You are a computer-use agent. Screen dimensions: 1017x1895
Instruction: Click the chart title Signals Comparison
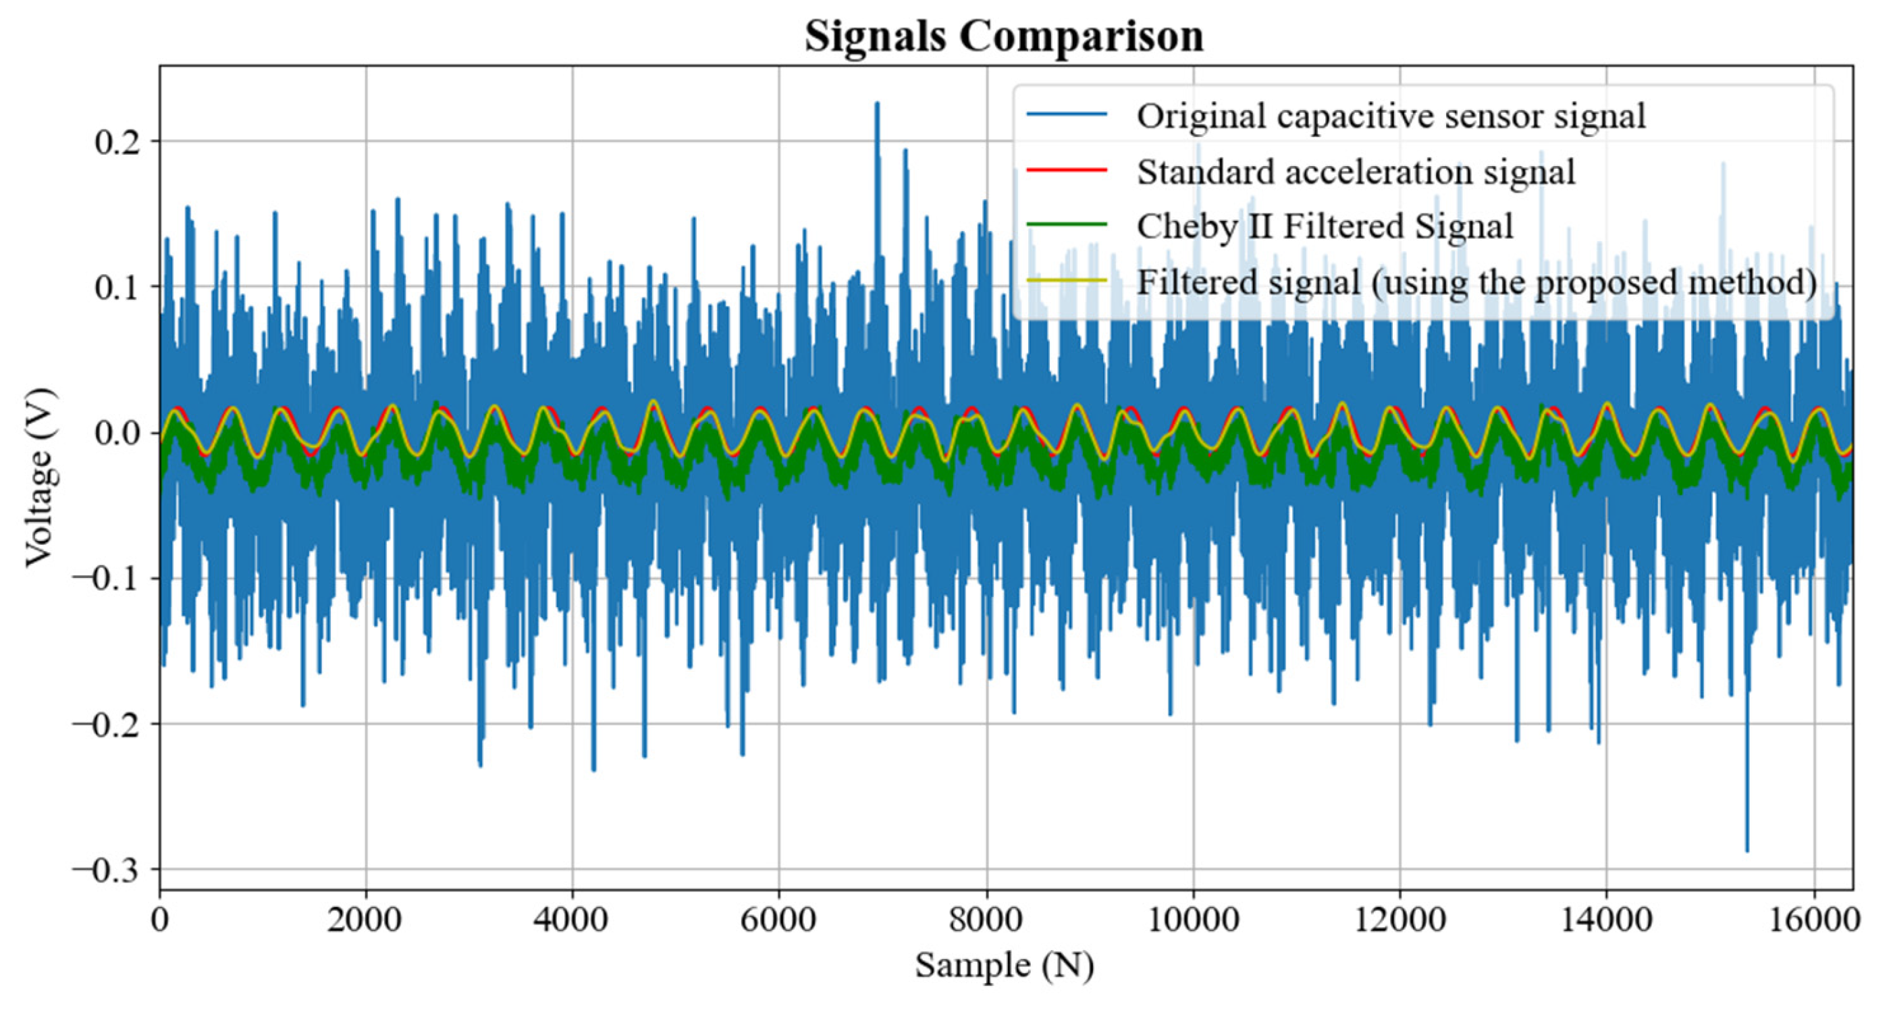tap(1003, 35)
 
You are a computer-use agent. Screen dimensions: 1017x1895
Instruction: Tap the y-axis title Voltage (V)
tap(40, 477)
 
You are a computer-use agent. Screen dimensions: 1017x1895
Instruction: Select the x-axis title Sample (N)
tap(1004, 965)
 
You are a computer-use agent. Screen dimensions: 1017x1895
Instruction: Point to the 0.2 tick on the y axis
tap(117, 141)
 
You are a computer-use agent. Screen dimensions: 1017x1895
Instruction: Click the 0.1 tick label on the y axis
tap(117, 287)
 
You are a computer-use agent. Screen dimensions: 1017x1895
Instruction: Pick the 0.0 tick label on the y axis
tap(117, 433)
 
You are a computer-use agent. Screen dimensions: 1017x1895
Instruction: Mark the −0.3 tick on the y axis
tap(106, 870)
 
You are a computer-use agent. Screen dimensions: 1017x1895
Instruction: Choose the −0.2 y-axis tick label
tap(106, 724)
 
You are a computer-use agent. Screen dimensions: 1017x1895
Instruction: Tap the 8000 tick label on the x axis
tap(986, 920)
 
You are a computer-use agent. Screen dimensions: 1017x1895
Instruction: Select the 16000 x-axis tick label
tap(1814, 920)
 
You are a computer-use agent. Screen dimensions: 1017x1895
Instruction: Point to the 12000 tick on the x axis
tap(1399, 920)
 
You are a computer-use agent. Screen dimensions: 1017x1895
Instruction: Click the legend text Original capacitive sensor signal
tap(1390, 115)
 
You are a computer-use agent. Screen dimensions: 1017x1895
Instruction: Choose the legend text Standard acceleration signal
tap(1356, 172)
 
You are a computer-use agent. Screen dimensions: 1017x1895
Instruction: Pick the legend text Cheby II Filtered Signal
tap(1324, 226)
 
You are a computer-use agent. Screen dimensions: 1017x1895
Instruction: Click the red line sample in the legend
tap(1067, 170)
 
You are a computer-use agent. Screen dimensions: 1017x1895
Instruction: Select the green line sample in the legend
tap(1067, 224)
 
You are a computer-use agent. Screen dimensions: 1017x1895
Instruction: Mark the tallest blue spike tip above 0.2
tap(876, 104)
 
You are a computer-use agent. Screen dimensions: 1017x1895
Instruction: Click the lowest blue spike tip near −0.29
tap(1746, 851)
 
